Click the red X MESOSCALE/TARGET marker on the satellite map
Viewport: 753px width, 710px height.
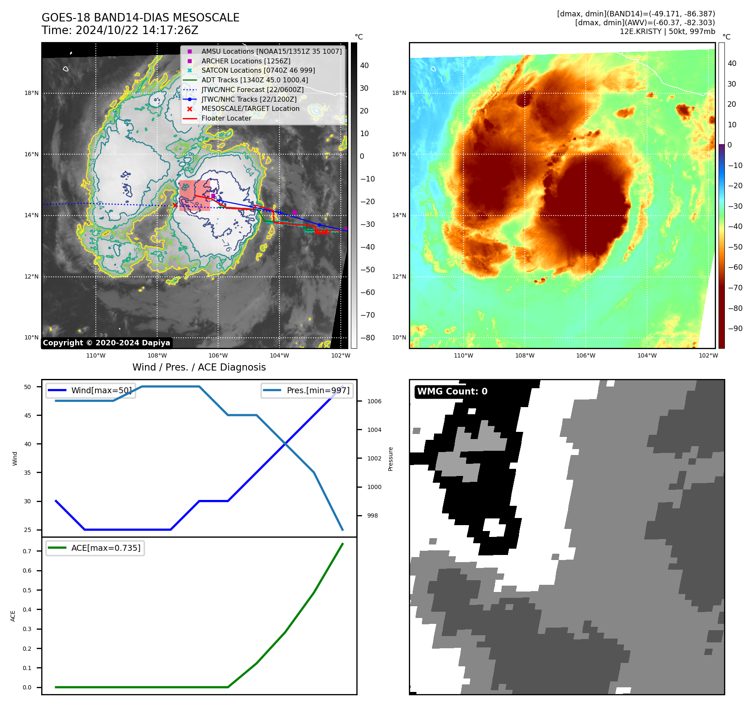pyautogui.click(x=175, y=205)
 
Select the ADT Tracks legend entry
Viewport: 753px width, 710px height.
pyautogui.click(x=254, y=80)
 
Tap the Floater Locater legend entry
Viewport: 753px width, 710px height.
pyautogui.click(x=226, y=118)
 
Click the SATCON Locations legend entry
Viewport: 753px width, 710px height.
pyautogui.click(x=258, y=70)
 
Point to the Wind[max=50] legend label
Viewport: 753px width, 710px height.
pyautogui.click(x=101, y=390)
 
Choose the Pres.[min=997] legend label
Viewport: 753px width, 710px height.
pyautogui.click(x=318, y=390)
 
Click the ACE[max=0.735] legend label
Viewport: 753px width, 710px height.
pyautogui.click(x=106, y=548)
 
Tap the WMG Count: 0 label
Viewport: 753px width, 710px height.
pyautogui.click(x=452, y=392)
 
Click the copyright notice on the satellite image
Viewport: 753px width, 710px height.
pyautogui.click(x=106, y=343)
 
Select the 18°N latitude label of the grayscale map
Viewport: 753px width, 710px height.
pyautogui.click(x=32, y=93)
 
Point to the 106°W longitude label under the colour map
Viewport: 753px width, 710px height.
pyautogui.click(x=586, y=355)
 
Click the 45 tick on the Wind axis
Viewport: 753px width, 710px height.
pyautogui.click(x=28, y=415)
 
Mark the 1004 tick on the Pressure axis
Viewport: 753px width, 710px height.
pyautogui.click(x=374, y=430)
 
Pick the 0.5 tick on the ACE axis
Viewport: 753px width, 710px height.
pyautogui.click(x=27, y=590)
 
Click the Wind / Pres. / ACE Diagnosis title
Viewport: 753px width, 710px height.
pyautogui.click(x=199, y=367)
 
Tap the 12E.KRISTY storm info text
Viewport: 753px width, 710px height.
pyautogui.click(x=667, y=32)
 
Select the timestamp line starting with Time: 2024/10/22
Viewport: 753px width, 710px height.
pyautogui.click(x=120, y=30)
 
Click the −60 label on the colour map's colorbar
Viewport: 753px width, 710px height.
pyautogui.click(x=735, y=267)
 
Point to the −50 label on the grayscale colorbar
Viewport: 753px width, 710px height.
pyautogui.click(x=367, y=270)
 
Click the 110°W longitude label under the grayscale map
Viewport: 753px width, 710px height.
pyautogui.click(x=96, y=355)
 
